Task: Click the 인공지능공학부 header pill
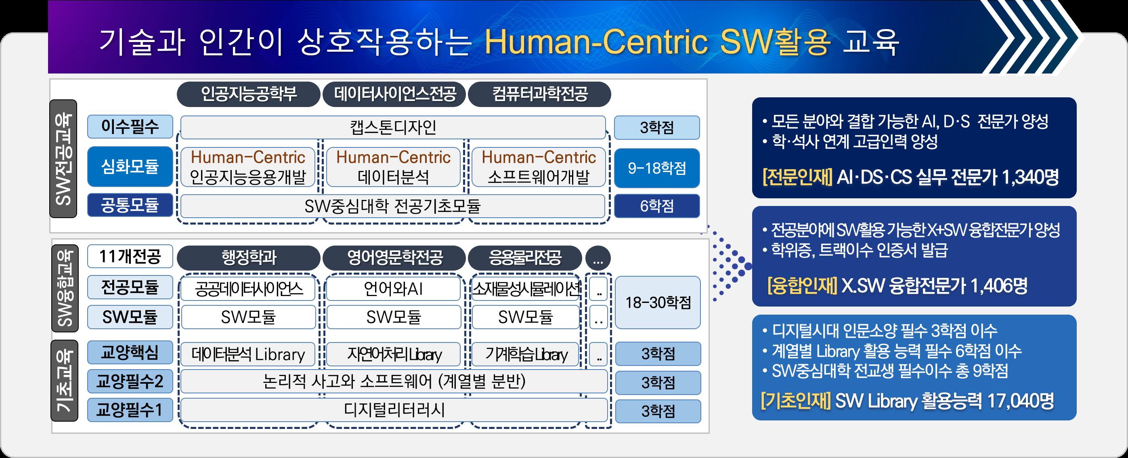(x=248, y=94)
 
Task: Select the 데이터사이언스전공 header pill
(x=394, y=94)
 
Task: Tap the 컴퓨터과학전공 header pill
(x=539, y=94)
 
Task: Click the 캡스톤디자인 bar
(x=393, y=127)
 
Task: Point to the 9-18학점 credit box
(x=657, y=168)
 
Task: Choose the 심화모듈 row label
(x=130, y=167)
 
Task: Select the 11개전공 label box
(x=130, y=256)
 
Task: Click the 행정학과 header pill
(x=248, y=257)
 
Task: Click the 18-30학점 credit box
(x=658, y=303)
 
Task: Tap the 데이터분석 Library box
(x=248, y=354)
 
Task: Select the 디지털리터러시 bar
(x=394, y=410)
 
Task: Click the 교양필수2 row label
(x=130, y=382)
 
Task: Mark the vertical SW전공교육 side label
(x=63, y=159)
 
